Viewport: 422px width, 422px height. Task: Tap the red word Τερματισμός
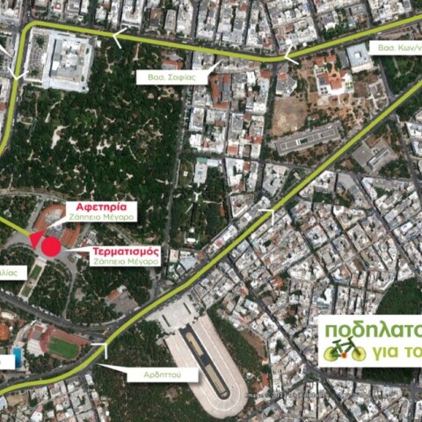click(x=126, y=251)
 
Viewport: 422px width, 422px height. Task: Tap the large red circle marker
click(x=51, y=245)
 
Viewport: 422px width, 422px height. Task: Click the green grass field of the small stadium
click(x=63, y=347)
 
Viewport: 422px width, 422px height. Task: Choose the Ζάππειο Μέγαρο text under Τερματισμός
click(x=126, y=262)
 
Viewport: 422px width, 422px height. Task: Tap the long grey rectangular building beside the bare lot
click(x=307, y=137)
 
